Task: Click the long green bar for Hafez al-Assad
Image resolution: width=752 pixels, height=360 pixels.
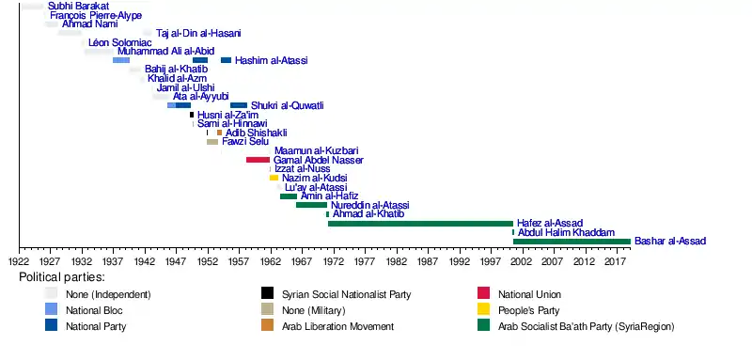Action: click(x=420, y=224)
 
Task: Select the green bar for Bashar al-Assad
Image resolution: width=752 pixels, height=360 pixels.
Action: click(x=572, y=242)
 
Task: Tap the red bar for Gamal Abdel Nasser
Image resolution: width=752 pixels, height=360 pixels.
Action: click(x=258, y=160)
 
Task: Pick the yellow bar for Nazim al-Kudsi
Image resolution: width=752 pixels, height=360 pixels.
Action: click(x=274, y=178)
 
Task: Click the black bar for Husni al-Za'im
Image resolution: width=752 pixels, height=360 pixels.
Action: click(x=192, y=115)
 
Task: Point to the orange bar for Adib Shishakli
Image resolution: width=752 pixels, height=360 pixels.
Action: click(x=219, y=133)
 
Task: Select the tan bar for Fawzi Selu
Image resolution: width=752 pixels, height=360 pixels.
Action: click(x=212, y=142)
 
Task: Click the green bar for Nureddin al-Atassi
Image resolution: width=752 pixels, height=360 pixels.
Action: click(x=311, y=205)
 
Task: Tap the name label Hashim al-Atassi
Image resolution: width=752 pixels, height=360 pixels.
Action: click(x=271, y=60)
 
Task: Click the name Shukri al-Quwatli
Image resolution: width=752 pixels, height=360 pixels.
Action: click(x=288, y=105)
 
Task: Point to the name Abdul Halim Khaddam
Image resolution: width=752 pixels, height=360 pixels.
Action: click(x=567, y=232)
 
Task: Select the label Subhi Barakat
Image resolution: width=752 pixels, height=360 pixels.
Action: click(x=78, y=7)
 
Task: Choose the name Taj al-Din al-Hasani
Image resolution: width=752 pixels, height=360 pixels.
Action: click(x=198, y=33)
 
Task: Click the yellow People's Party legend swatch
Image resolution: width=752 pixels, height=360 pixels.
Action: click(x=483, y=309)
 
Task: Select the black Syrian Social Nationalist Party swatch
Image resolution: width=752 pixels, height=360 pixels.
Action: click(x=267, y=293)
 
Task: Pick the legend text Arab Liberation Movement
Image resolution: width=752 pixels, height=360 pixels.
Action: click(x=337, y=326)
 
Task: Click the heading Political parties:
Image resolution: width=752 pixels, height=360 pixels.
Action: click(x=62, y=277)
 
